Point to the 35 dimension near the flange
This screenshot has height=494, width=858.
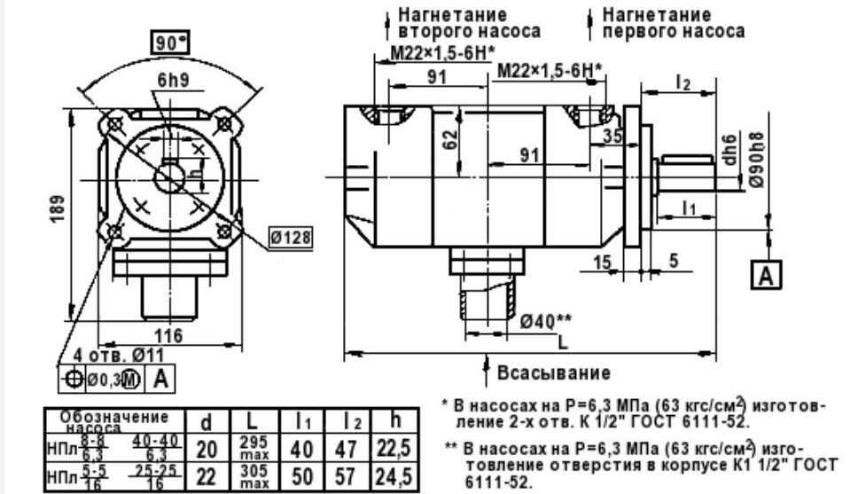pyautogui.click(x=612, y=136)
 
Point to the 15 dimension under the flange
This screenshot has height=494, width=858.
pyautogui.click(x=602, y=263)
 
